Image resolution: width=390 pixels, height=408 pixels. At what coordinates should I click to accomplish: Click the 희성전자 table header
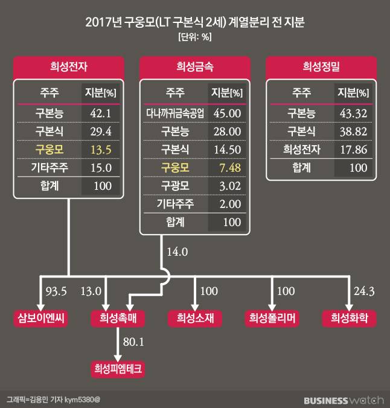pyautogui.click(x=70, y=67)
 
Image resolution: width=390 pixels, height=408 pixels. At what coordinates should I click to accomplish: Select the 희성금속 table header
pyautogui.click(x=194, y=67)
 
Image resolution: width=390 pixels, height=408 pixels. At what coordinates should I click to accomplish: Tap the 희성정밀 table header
pyautogui.click(x=321, y=67)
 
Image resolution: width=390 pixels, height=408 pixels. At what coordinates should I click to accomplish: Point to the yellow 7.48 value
pyautogui.click(x=226, y=167)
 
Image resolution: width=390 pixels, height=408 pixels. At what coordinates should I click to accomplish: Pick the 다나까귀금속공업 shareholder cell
pyautogui.click(x=175, y=112)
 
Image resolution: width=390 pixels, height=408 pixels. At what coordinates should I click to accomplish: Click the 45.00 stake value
pyautogui.click(x=226, y=112)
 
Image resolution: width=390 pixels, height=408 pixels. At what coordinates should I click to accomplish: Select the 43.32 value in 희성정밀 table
pyautogui.click(x=353, y=112)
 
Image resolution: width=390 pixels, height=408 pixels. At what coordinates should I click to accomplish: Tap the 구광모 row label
pyautogui.click(x=175, y=185)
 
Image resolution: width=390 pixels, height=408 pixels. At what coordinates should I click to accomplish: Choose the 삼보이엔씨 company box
pyautogui.click(x=40, y=319)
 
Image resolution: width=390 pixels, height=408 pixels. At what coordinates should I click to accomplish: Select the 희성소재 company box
pyautogui.click(x=195, y=319)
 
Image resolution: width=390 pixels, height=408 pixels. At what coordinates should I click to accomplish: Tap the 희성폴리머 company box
pyautogui.click(x=272, y=319)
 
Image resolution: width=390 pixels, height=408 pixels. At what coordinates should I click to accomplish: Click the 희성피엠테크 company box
pyautogui.click(x=117, y=368)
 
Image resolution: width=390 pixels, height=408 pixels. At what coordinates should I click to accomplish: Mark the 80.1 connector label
pyautogui.click(x=135, y=343)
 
